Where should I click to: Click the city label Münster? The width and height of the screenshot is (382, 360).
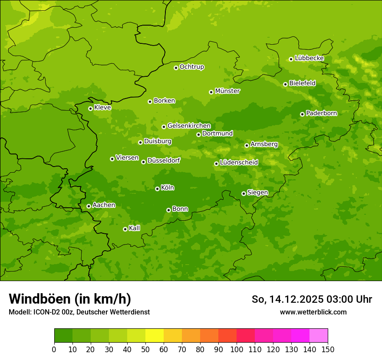coord(227,91)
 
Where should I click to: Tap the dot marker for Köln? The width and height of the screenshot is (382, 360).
coord(157,189)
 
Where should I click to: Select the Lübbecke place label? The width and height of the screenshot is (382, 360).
coord(309,58)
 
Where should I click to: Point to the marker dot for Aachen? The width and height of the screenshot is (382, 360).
coord(89,206)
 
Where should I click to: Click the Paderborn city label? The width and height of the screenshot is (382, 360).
coord(321,113)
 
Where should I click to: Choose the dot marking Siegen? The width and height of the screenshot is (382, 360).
coord(244,193)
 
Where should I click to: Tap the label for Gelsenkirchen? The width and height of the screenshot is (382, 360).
coord(189,126)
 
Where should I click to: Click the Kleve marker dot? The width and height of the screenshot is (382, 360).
coord(90,108)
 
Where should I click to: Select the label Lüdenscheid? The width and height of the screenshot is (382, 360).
coord(239,163)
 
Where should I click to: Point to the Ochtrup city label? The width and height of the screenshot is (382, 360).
coord(191,67)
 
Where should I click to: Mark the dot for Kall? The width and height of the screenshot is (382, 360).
coord(125,229)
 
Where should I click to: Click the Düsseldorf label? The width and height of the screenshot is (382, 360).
coord(163,160)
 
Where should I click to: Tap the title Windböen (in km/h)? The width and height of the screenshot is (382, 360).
coord(70,299)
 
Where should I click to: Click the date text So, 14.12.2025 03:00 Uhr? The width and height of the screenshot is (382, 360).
coord(312,299)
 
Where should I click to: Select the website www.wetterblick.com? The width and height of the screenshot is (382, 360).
coord(313,312)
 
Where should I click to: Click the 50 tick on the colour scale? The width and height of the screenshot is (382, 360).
coord(145,349)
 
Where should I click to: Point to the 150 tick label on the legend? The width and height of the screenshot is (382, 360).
coord(328,349)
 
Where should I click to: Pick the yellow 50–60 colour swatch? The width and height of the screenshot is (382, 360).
coord(155,336)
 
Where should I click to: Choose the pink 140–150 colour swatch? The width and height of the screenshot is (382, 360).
coord(319,336)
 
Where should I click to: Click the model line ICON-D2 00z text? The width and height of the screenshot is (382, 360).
coord(79,312)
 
